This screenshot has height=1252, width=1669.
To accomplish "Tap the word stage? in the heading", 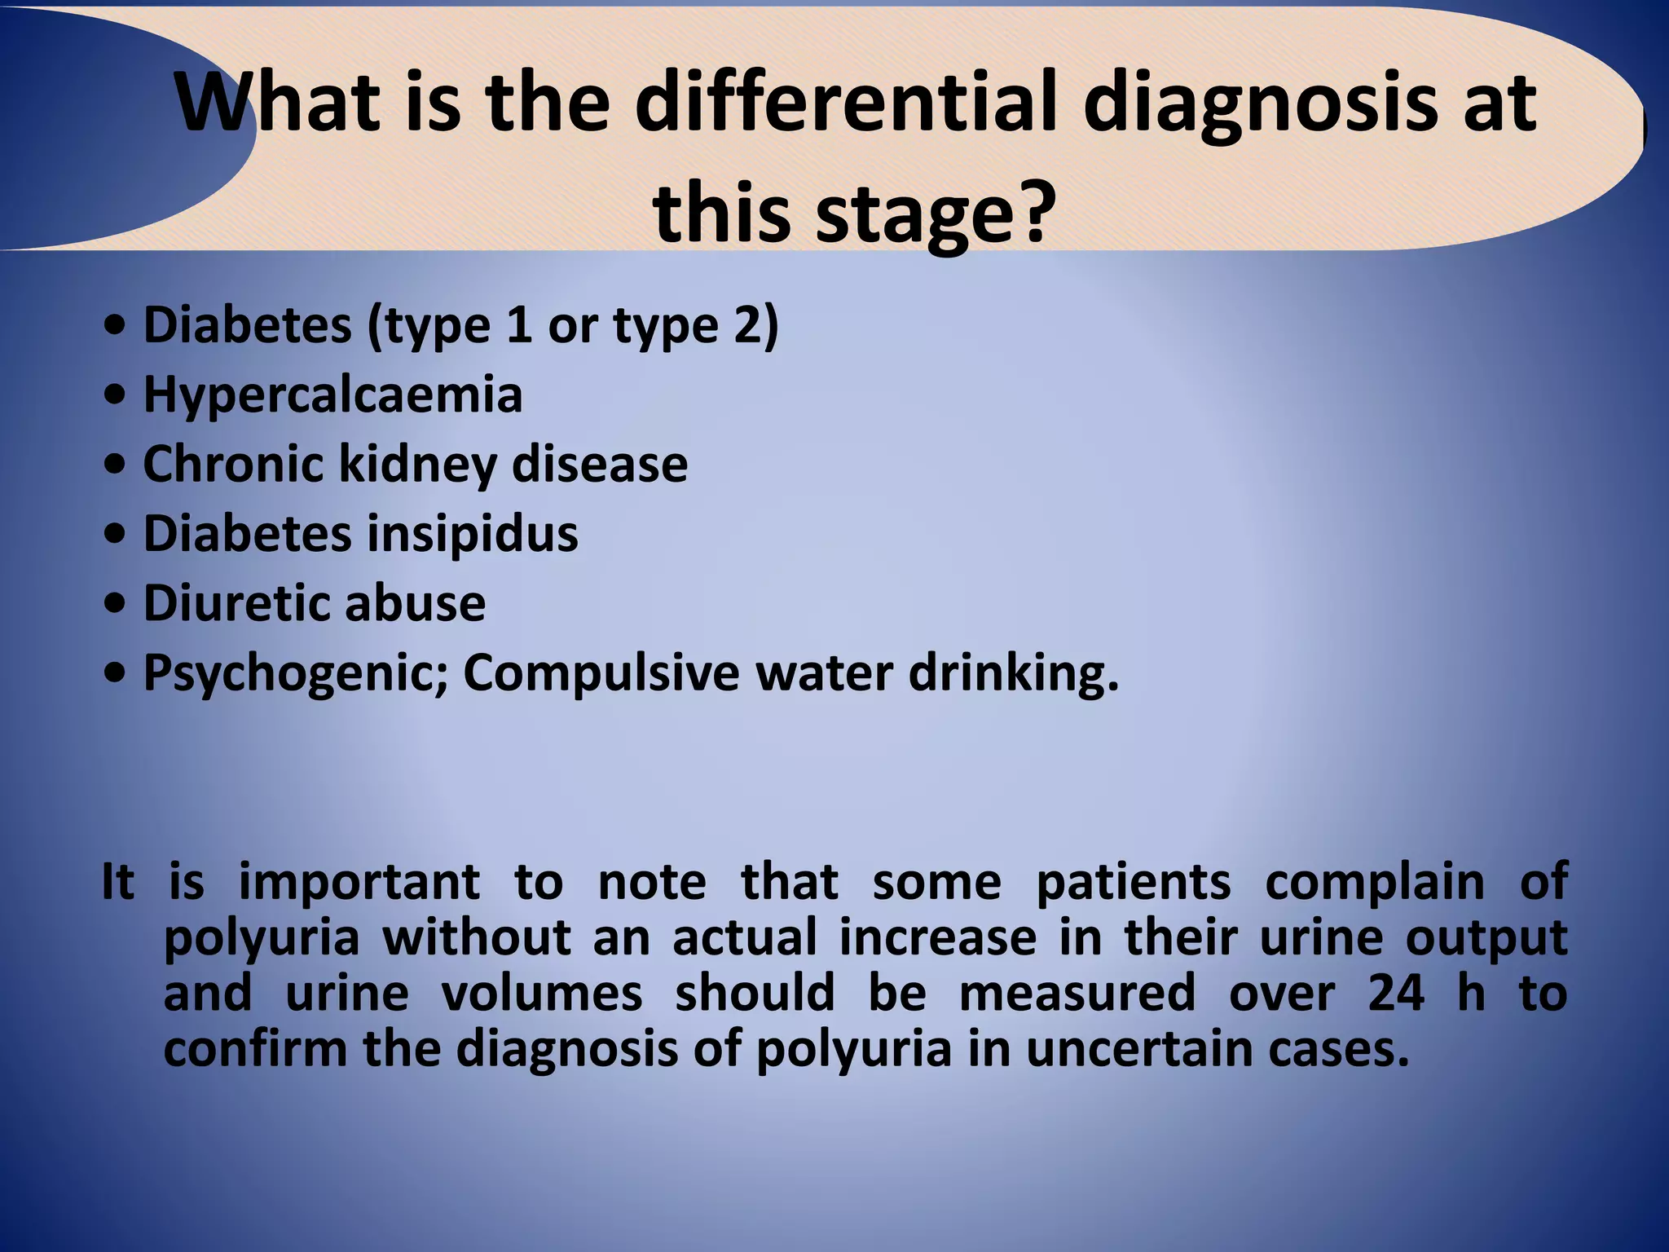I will coord(931,214).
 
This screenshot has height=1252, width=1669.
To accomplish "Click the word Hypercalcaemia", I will coord(332,396).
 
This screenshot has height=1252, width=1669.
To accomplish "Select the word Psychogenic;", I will coord(296,675).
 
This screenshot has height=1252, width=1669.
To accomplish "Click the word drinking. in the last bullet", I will coord(1014,675).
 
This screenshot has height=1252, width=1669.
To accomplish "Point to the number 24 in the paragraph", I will coord(1396,994).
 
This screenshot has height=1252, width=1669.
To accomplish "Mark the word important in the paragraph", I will coord(359,883).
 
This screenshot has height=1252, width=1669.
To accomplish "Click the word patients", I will coord(1134,883).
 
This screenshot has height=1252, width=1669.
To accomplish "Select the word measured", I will coord(1077,994).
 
